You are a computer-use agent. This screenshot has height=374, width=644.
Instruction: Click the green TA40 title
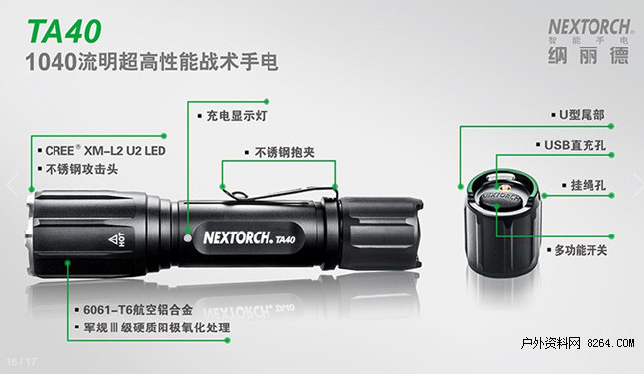[x=64, y=31]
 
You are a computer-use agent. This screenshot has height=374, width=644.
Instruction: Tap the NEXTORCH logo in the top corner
[x=589, y=28]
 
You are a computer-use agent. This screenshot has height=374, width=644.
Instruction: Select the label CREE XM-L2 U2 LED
[x=105, y=151]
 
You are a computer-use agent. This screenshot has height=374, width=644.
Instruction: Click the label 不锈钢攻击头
[x=81, y=169]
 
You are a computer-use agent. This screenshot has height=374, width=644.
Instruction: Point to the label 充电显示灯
[x=236, y=115]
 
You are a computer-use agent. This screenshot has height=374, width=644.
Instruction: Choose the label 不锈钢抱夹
[x=284, y=152]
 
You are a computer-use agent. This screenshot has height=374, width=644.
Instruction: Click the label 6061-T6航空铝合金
[x=138, y=310]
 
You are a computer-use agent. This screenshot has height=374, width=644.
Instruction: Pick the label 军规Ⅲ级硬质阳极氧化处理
[x=157, y=327]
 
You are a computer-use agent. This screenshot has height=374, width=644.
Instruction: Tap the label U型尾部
[x=582, y=115]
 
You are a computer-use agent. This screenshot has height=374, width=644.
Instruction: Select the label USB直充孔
[x=575, y=145]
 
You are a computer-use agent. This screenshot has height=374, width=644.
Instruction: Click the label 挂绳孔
[x=589, y=185]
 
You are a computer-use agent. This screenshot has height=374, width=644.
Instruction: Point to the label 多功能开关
[x=581, y=250]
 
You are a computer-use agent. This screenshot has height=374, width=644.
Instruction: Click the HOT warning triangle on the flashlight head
[x=113, y=239]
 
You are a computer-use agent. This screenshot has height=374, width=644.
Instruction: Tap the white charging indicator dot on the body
[x=188, y=237]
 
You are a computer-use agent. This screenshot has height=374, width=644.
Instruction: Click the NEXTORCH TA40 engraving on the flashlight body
[x=250, y=237]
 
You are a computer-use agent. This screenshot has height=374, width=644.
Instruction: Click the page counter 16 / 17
[x=22, y=362]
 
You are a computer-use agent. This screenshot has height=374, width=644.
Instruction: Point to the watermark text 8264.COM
[x=610, y=343]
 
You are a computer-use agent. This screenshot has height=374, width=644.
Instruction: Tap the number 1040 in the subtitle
[x=52, y=62]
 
